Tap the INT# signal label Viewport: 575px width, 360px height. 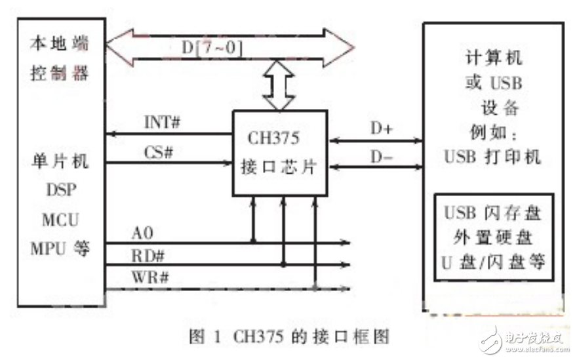tap(162, 123)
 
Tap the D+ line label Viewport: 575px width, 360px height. tap(381, 129)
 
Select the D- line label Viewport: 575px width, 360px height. tap(381, 157)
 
